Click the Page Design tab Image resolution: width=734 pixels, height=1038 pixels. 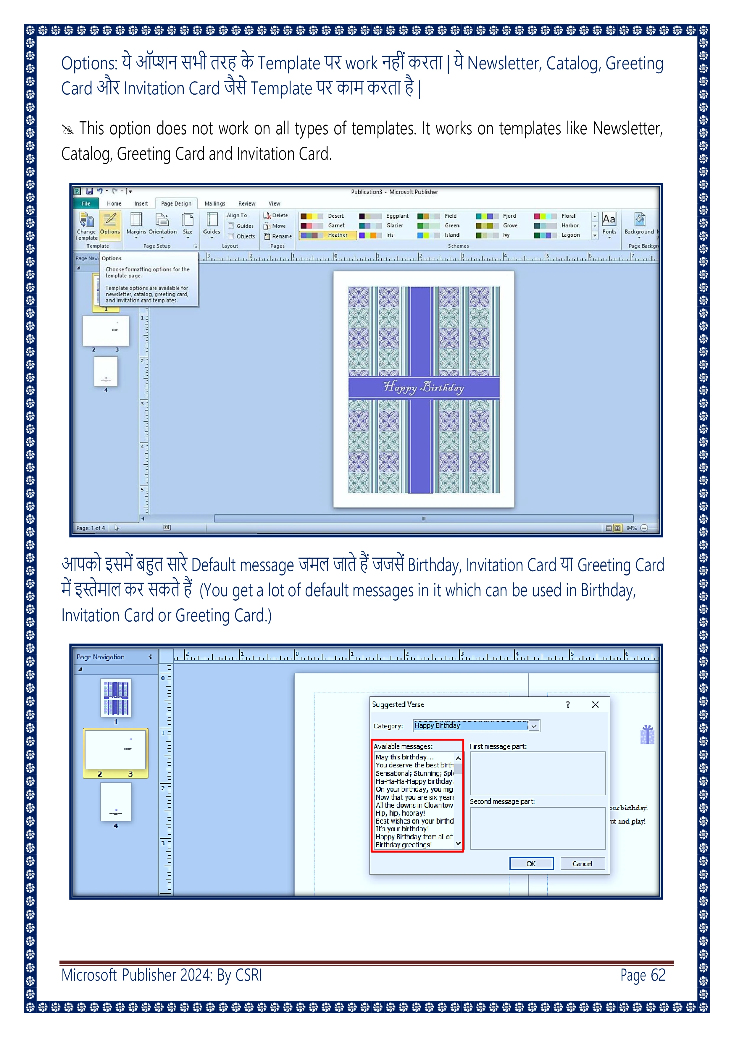(176, 203)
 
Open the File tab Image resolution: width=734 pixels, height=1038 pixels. (86, 203)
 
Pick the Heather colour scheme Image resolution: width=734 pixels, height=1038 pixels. (328, 235)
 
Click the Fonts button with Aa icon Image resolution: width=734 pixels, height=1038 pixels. (609, 224)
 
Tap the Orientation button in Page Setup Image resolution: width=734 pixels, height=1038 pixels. (162, 225)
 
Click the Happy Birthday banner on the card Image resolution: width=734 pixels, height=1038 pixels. (424, 387)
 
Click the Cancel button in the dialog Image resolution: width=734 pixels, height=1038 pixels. (582, 864)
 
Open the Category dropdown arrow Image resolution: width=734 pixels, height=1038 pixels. (534, 726)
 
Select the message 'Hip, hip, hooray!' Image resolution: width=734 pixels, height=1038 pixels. (400, 813)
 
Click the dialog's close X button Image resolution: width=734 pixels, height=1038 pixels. (595, 704)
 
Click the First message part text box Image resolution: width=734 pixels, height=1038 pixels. (537, 773)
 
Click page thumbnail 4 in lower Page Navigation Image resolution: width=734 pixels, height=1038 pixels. (115, 802)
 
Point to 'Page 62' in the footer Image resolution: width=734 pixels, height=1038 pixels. (642, 975)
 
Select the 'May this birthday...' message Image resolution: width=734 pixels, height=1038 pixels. (404, 757)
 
